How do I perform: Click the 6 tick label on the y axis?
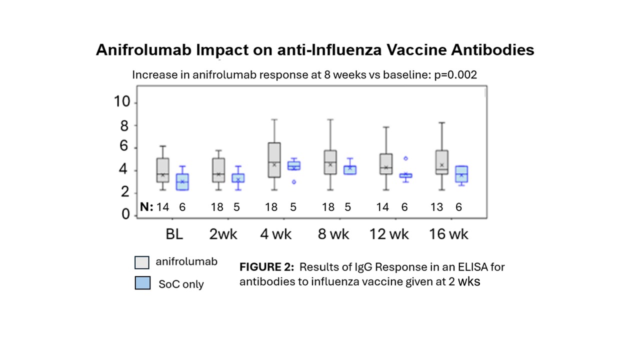tap(125, 147)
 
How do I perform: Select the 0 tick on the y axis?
tap(125, 215)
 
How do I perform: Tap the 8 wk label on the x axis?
tap(333, 234)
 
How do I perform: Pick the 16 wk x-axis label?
tap(448, 234)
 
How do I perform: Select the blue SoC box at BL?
tap(182, 182)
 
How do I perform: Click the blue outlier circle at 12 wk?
tap(406, 158)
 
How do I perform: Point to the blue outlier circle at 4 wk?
tap(294, 182)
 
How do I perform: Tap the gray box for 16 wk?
tap(441, 162)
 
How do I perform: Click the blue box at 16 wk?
tap(461, 174)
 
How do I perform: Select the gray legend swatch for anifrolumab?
tap(142, 262)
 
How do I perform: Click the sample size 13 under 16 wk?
tap(436, 207)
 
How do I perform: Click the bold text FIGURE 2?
tap(266, 266)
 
